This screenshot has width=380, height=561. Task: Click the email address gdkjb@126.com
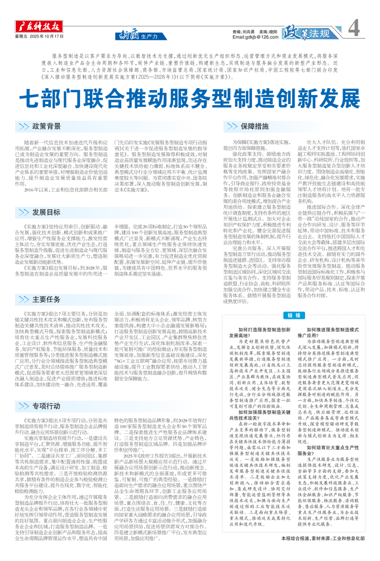point(254,37)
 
